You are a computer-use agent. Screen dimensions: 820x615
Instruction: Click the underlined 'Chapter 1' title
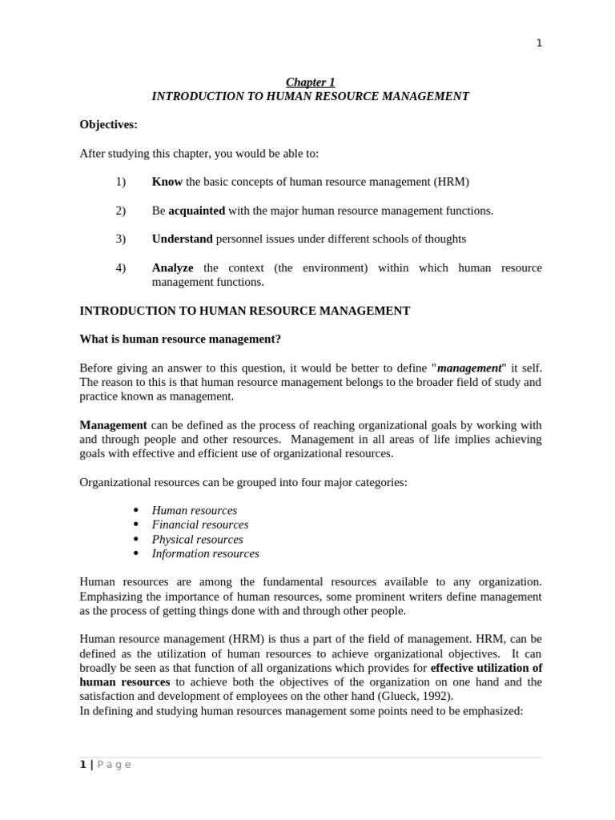tap(311, 82)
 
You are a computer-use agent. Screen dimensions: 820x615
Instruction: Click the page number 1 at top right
tap(539, 43)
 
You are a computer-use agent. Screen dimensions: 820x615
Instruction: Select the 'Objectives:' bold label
tap(108, 124)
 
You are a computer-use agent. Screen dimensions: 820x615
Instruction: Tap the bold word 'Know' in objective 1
tap(167, 182)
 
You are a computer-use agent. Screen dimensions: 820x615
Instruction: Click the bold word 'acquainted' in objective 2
tap(196, 211)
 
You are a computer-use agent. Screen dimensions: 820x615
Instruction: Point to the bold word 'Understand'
tap(182, 239)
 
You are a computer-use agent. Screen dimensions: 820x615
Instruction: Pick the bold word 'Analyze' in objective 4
tap(172, 267)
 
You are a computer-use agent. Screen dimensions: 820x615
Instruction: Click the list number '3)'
tap(121, 239)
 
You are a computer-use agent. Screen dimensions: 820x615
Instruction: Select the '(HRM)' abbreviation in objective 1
tap(452, 182)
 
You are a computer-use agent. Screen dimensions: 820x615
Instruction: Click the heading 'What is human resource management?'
tap(180, 339)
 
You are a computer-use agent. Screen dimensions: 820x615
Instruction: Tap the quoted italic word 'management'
tap(468, 368)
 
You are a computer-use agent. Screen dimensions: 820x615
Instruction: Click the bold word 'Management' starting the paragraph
tap(113, 425)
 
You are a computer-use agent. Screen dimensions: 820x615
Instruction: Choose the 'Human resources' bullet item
tap(195, 510)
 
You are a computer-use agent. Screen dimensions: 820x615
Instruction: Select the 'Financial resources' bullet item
tap(200, 525)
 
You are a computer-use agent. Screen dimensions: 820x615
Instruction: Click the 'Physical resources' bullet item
tap(197, 539)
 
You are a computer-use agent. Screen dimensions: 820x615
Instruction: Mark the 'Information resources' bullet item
tap(205, 553)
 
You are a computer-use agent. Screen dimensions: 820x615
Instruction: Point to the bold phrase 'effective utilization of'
tap(486, 668)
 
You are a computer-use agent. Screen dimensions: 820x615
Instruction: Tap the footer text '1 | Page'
tap(105, 765)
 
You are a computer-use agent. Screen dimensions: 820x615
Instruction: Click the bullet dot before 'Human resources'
tap(135, 510)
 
